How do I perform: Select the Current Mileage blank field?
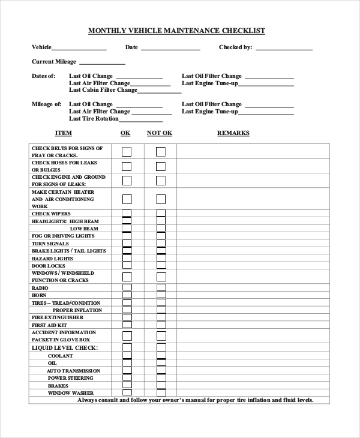coord(102,62)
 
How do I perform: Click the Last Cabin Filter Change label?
coord(103,90)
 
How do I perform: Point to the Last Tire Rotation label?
coord(94,118)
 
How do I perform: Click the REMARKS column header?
coord(233,133)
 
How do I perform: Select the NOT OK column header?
coord(160,133)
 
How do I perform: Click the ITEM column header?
coord(64,133)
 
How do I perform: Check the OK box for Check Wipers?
coord(127,214)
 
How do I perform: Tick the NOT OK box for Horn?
coord(161,295)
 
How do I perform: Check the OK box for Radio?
coord(127,288)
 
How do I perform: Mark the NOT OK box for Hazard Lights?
coord(161,258)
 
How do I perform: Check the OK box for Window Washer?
coord(127,392)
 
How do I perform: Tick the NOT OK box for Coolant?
coord(161,355)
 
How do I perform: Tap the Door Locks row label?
coord(48,265)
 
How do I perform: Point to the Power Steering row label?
coord(70,378)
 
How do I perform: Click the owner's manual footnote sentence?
coord(196,400)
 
